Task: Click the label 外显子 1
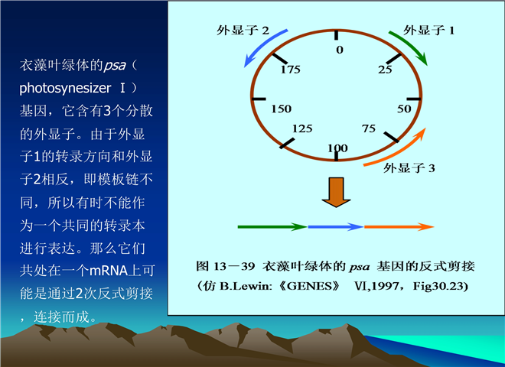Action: pos(428,31)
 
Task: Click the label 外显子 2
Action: pos(243,31)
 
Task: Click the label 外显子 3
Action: pos(409,167)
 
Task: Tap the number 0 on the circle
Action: pos(340,50)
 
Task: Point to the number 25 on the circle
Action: pos(385,70)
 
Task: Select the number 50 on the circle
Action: pos(404,109)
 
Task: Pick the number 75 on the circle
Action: pos(369,128)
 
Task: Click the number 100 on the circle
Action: pos(337,148)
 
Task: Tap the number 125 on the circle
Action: pos(302,128)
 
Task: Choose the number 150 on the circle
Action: pos(281,109)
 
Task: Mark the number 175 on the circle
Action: pos(290,70)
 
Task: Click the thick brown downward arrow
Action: pos(336,192)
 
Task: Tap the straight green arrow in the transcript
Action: pos(272,227)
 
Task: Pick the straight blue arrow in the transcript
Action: pos(336,227)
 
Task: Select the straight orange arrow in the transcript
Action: pos(399,227)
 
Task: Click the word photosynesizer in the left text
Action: pos(65,88)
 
